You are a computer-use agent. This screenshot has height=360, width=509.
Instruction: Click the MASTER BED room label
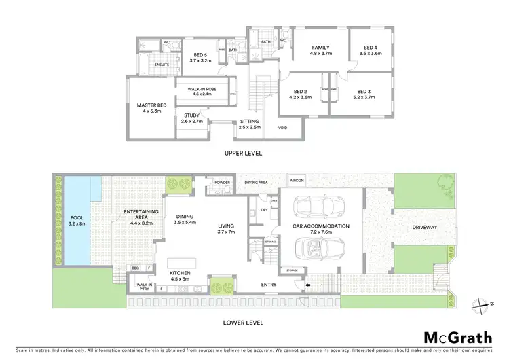(x=151, y=105)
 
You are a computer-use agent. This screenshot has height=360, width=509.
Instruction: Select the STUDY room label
(x=192, y=115)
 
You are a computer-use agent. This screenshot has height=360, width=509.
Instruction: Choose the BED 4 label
(x=371, y=47)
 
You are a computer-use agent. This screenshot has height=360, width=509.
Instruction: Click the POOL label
(x=76, y=218)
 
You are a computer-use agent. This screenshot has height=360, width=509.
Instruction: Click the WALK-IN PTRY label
(x=143, y=287)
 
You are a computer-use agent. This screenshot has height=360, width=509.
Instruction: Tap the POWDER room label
(x=222, y=183)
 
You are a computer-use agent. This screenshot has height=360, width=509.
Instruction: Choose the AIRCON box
(x=297, y=181)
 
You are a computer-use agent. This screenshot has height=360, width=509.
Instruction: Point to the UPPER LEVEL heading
(x=244, y=153)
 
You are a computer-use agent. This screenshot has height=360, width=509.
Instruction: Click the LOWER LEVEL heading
(x=244, y=323)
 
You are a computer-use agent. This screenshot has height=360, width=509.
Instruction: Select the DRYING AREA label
(x=256, y=183)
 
